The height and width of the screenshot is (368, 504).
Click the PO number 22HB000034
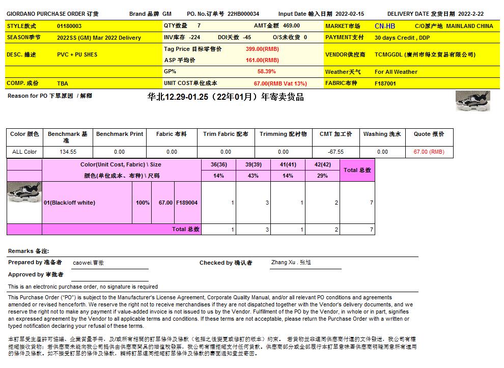(x=243, y=14)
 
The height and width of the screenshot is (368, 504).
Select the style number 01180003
(x=69, y=26)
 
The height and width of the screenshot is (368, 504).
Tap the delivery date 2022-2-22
(x=471, y=14)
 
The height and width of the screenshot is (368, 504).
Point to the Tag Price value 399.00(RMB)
(x=262, y=49)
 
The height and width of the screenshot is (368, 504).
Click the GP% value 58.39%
(x=266, y=72)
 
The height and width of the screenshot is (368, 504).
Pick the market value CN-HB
(x=384, y=26)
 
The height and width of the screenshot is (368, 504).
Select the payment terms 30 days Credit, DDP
(x=402, y=38)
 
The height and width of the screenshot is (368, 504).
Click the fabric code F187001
(x=385, y=83)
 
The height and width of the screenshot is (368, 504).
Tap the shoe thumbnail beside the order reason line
(x=472, y=101)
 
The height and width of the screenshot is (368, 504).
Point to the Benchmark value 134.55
(x=68, y=152)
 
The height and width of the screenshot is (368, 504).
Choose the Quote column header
(x=429, y=134)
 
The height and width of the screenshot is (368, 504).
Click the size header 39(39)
(x=253, y=164)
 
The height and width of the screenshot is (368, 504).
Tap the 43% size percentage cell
(x=253, y=176)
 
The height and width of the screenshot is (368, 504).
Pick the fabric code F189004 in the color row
(x=187, y=203)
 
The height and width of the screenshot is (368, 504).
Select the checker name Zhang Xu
(x=291, y=263)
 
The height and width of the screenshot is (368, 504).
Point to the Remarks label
(x=28, y=251)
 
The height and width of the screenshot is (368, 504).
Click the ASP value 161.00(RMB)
(x=262, y=60)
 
